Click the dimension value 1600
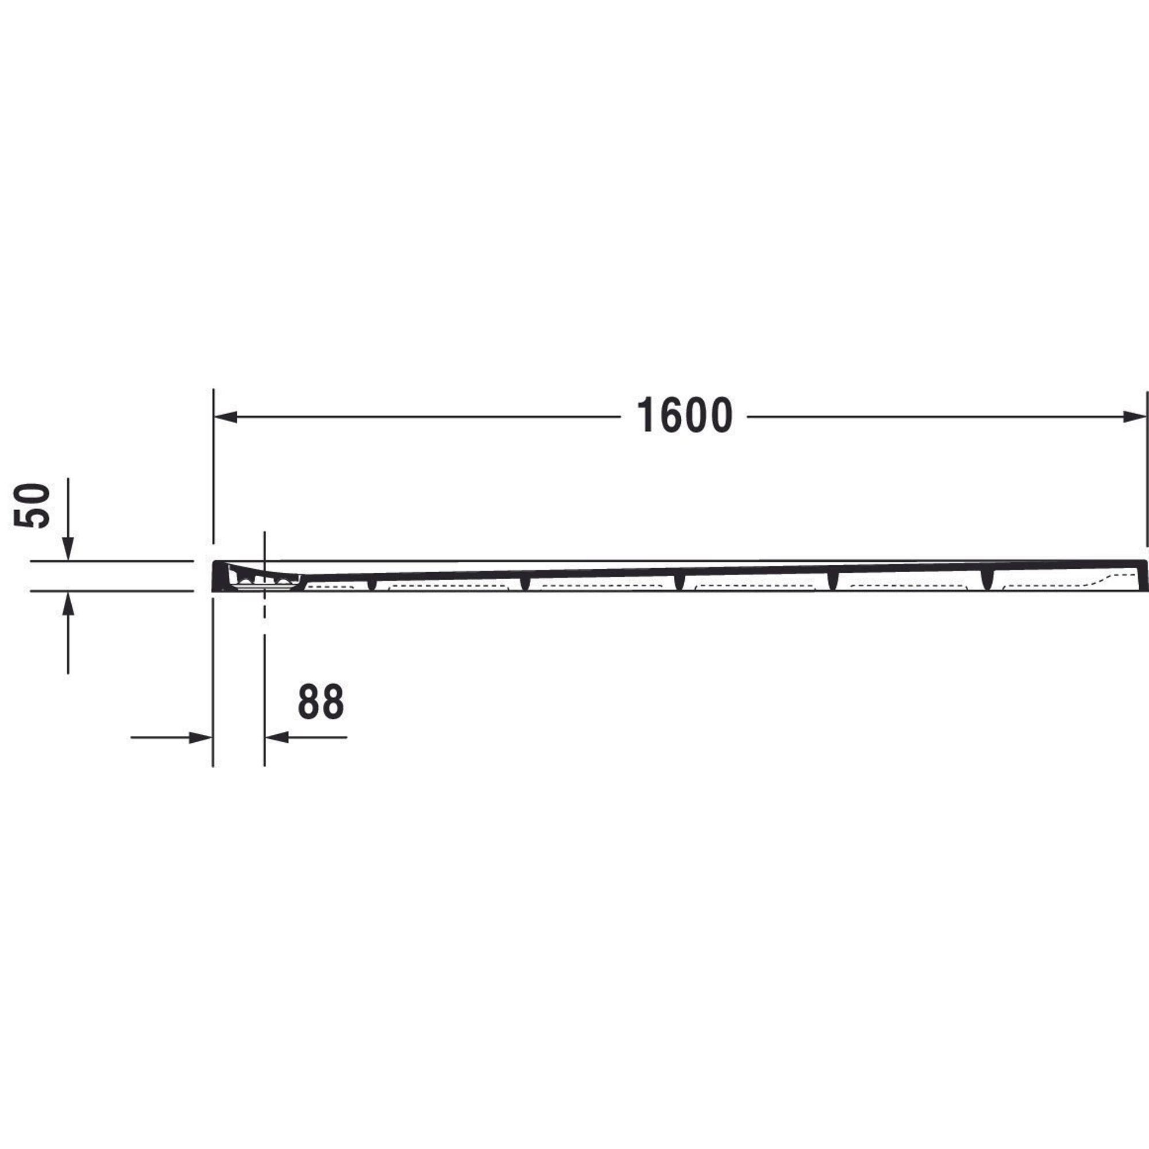(685, 416)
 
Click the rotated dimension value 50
(32, 506)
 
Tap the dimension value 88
(321, 702)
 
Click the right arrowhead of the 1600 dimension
(1133, 417)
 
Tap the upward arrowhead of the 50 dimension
(68, 604)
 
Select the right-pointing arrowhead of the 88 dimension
(201, 738)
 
